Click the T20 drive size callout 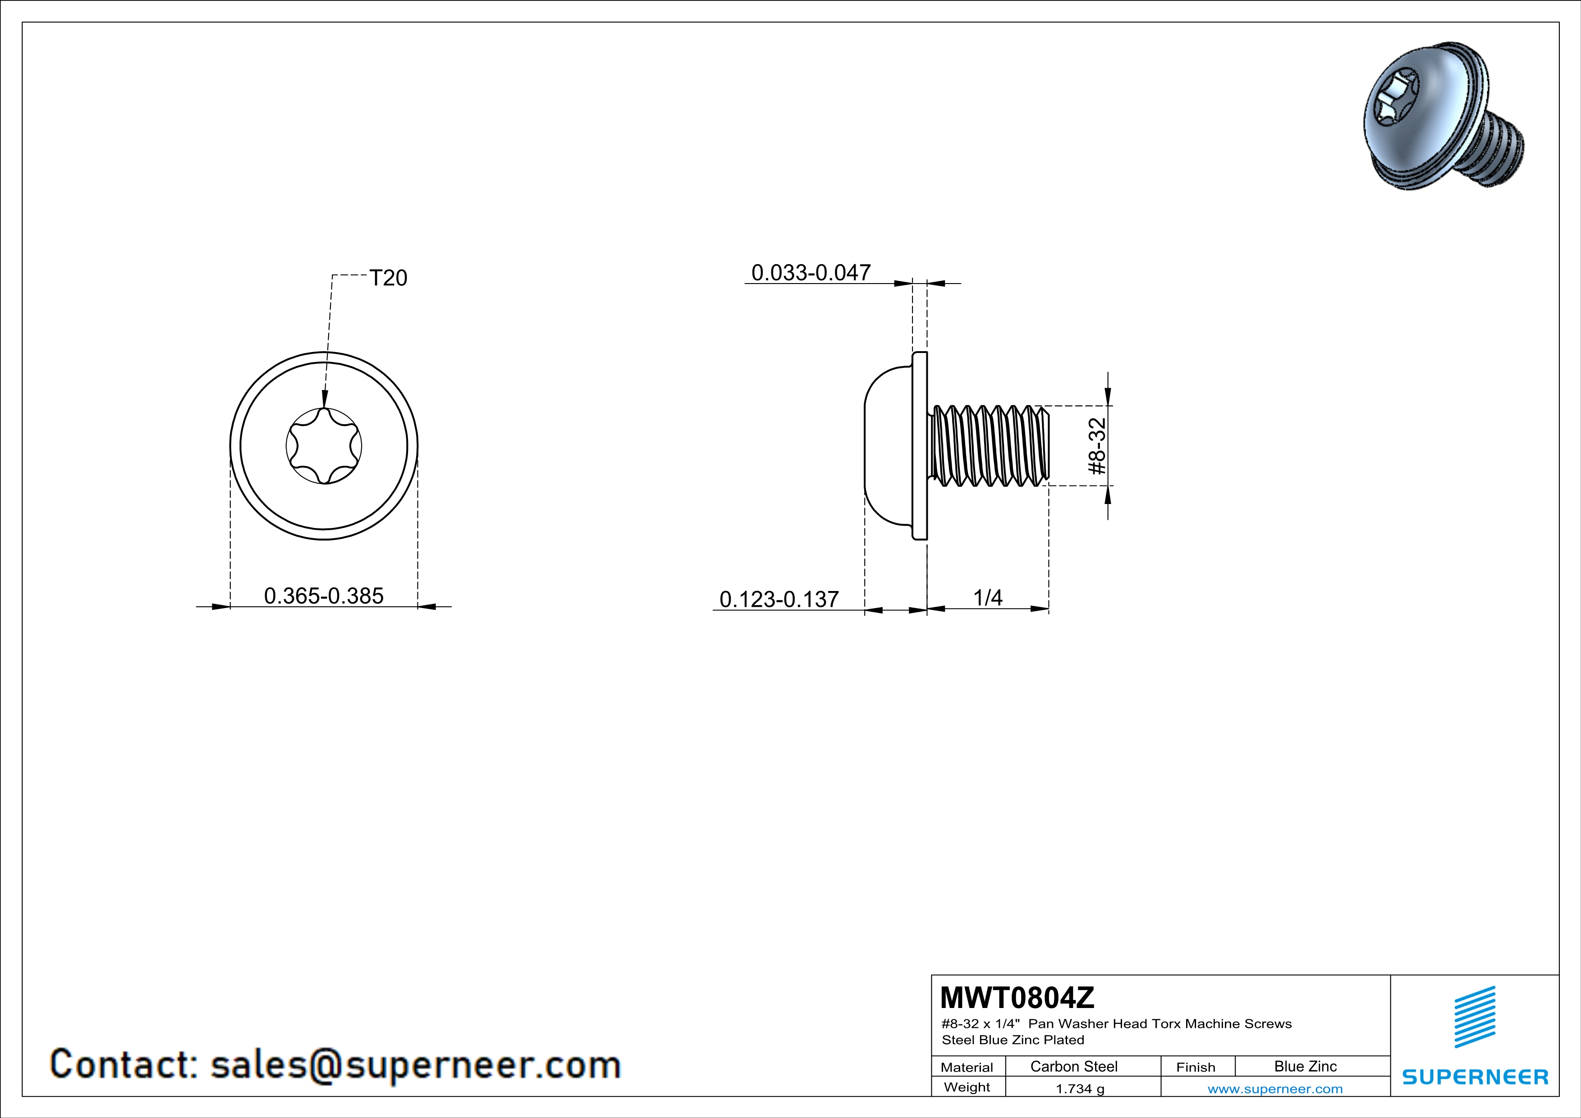pyautogui.click(x=388, y=278)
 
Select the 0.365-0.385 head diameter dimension pyautogui.click(x=324, y=596)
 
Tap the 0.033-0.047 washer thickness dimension pyautogui.click(x=811, y=273)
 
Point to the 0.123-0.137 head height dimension pyautogui.click(x=779, y=599)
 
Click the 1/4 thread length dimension pyautogui.click(x=987, y=598)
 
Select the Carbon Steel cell pyautogui.click(x=1073, y=1066)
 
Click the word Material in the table pyautogui.click(x=967, y=1067)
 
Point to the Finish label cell pyautogui.click(x=1196, y=1067)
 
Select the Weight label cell pyautogui.click(x=967, y=1087)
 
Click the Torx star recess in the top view pyautogui.click(x=324, y=446)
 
